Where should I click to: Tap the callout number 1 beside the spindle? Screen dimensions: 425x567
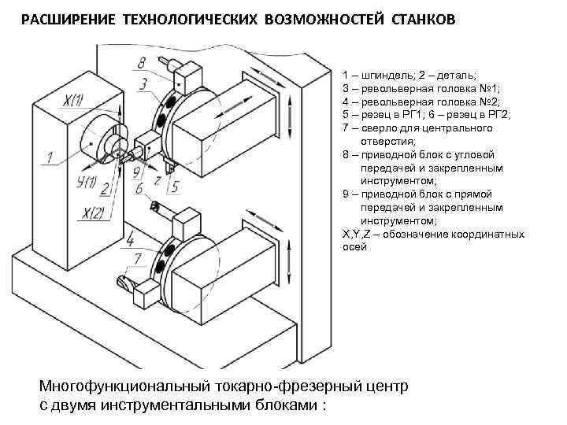(49, 157)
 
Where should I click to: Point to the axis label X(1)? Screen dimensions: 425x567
(76, 101)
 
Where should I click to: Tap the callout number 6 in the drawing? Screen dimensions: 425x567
(139, 190)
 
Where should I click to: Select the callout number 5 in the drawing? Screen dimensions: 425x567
(174, 187)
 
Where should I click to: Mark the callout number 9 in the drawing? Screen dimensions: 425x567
(136, 171)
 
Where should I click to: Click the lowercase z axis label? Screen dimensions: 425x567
(157, 179)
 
